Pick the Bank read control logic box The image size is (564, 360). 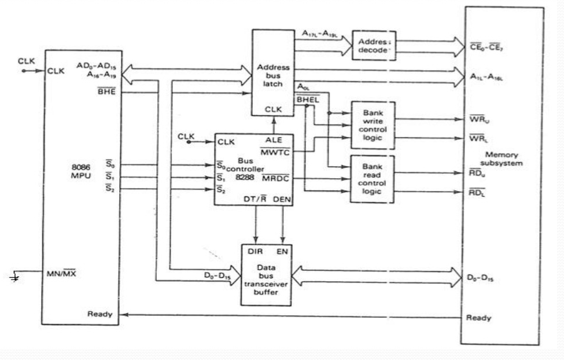tap(372, 178)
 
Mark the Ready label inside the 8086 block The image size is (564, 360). tap(99, 314)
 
